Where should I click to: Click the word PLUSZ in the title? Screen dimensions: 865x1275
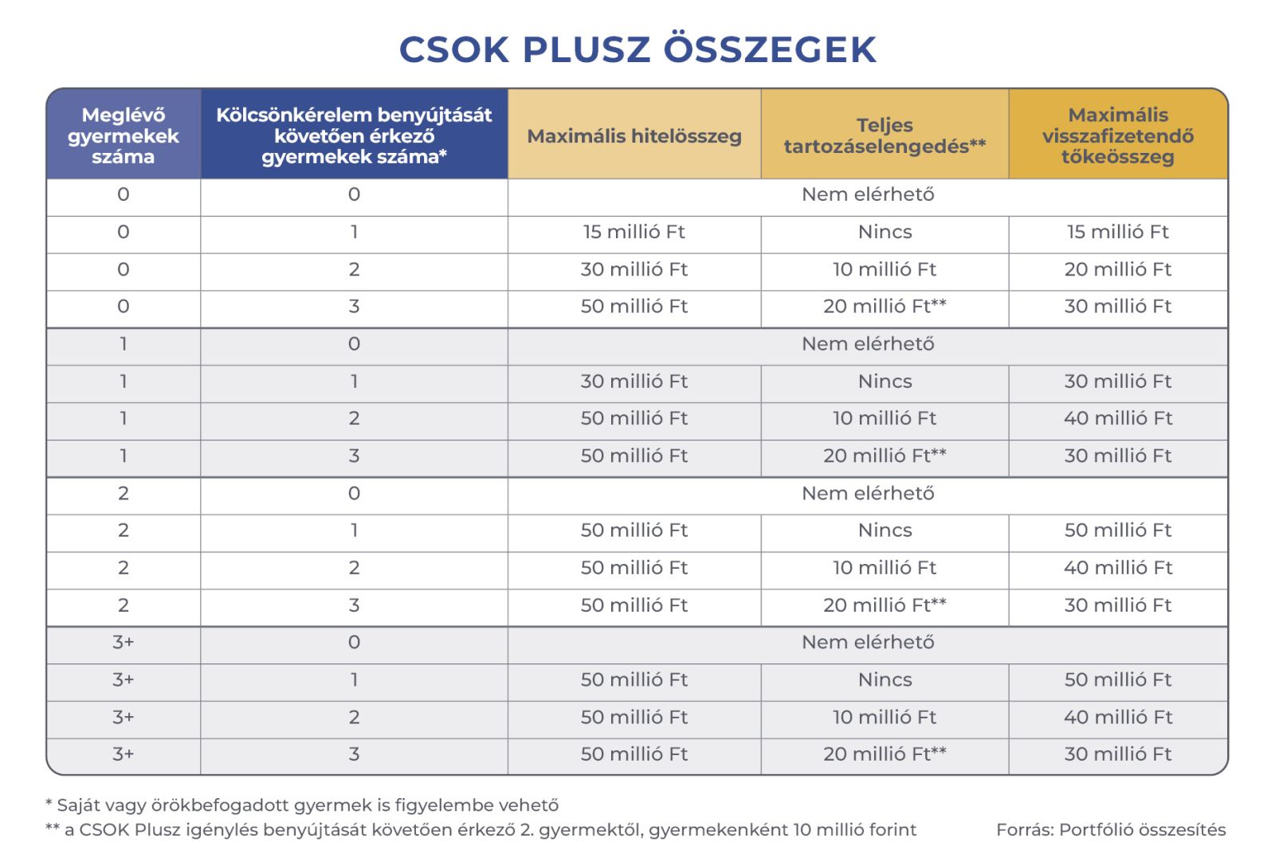[x=587, y=49]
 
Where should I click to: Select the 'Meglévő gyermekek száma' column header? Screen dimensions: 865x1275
[x=123, y=135]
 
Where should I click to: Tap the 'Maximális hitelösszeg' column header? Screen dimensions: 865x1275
[x=634, y=136]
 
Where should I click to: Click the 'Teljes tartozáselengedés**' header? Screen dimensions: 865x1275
[x=885, y=135]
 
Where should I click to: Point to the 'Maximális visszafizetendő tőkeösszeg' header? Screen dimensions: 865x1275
[x=1117, y=135]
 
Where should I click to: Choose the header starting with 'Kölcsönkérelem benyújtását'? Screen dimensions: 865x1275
[x=354, y=135]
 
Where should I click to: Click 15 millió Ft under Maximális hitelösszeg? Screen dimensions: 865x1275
[x=634, y=232]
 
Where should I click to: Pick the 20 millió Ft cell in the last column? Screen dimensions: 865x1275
[x=1117, y=269]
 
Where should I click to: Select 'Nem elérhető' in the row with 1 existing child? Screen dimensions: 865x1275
[x=868, y=344]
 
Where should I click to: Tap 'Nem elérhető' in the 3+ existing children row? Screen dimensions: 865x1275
[x=868, y=642]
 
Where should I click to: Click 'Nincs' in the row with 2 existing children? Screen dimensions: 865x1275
[x=885, y=530]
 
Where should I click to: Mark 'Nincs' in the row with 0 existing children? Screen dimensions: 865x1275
[x=885, y=232]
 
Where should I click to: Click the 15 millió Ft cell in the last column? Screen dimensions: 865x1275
[x=1117, y=232]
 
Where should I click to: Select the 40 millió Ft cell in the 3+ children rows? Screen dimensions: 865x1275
[x=1117, y=717]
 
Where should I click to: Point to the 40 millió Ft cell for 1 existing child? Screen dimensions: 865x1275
[x=1117, y=418]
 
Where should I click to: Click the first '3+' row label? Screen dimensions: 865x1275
[x=123, y=642]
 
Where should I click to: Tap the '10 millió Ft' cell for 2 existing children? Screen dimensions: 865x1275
[x=885, y=568]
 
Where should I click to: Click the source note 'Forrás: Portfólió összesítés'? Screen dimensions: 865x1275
[x=1110, y=830]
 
